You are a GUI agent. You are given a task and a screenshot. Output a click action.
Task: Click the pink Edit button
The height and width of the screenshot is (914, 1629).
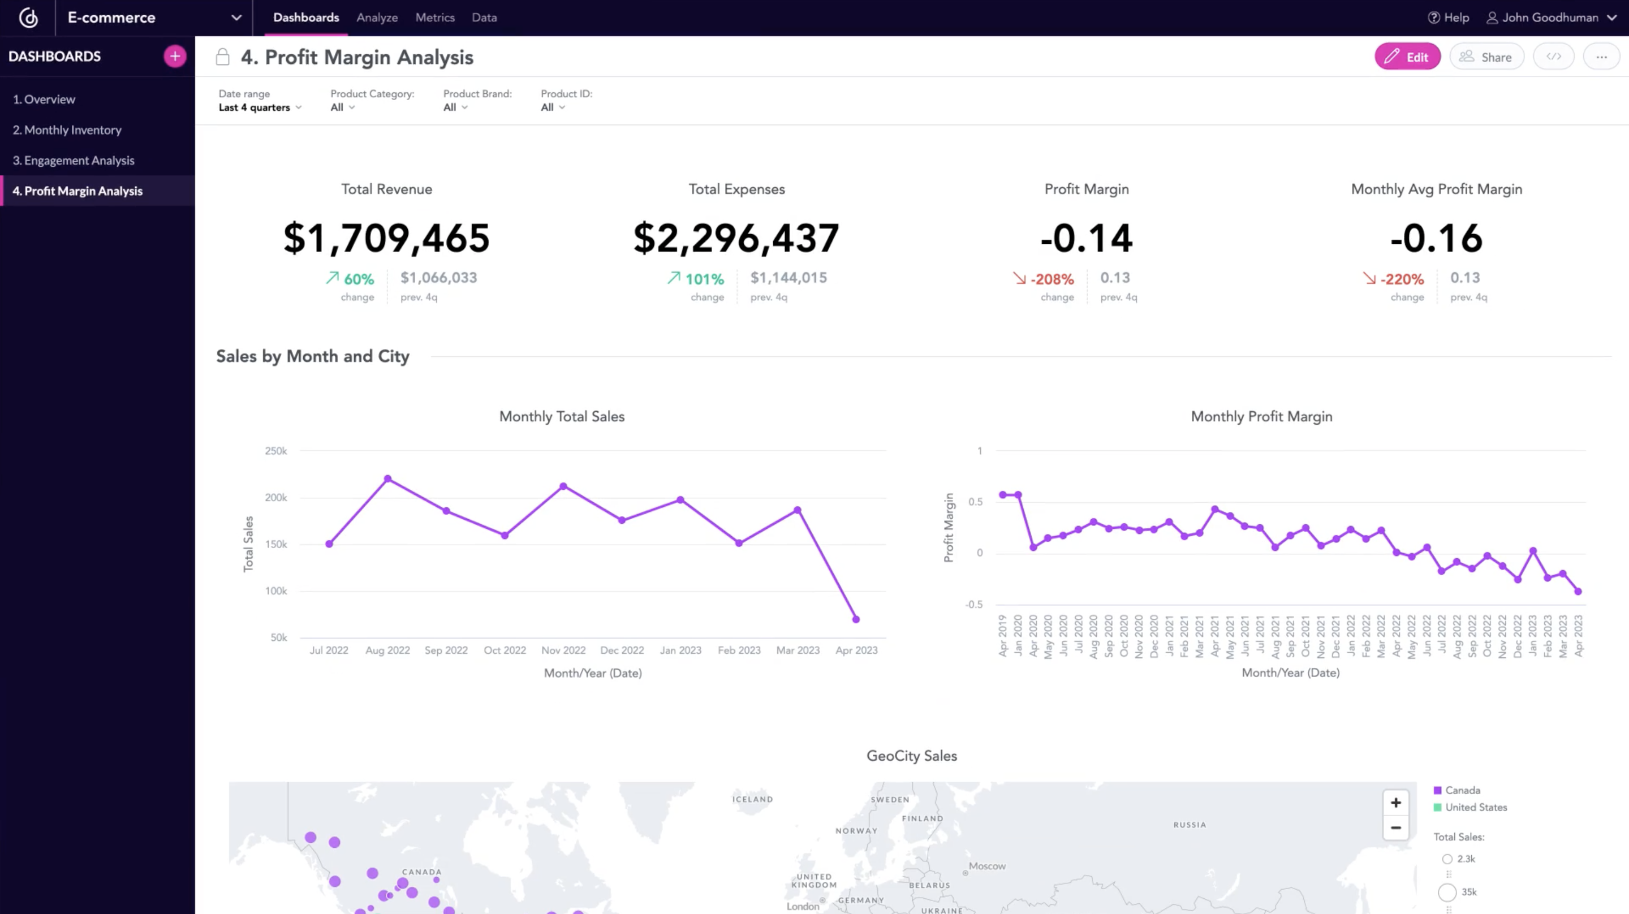(1407, 57)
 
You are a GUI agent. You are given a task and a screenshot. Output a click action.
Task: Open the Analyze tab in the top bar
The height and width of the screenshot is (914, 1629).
(377, 18)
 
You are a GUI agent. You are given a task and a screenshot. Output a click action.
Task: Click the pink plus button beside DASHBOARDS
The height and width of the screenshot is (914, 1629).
(175, 57)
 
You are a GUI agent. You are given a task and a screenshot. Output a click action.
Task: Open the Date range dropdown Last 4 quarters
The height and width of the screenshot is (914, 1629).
(259, 107)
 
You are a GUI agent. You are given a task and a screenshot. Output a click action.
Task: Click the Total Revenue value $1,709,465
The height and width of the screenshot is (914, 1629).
(386, 239)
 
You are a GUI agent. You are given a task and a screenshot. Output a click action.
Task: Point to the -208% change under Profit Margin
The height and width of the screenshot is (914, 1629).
(1051, 279)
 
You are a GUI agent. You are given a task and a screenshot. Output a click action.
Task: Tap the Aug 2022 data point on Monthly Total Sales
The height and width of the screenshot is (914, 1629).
(387, 479)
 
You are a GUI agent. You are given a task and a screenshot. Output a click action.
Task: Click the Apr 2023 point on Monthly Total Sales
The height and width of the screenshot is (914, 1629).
(856, 619)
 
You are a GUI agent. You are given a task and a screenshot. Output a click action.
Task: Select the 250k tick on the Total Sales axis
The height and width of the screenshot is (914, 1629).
(275, 451)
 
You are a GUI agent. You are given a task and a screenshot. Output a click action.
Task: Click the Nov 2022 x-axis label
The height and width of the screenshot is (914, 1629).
(563, 650)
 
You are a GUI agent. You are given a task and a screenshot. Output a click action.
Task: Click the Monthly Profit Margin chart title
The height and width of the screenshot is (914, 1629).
(1261, 416)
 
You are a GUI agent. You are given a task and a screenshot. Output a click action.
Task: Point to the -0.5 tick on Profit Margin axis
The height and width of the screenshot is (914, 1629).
(974, 605)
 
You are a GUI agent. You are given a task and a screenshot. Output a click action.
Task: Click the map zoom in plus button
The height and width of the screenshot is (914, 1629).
(1395, 803)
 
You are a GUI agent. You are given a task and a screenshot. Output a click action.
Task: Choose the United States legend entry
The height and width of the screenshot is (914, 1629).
(1475, 807)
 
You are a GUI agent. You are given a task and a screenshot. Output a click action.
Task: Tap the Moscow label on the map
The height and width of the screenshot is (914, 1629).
(986, 866)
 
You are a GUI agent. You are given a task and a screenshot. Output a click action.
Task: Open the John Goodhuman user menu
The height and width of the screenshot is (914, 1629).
(1550, 18)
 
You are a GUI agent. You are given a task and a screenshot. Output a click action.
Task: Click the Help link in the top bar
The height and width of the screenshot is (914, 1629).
(1449, 18)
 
